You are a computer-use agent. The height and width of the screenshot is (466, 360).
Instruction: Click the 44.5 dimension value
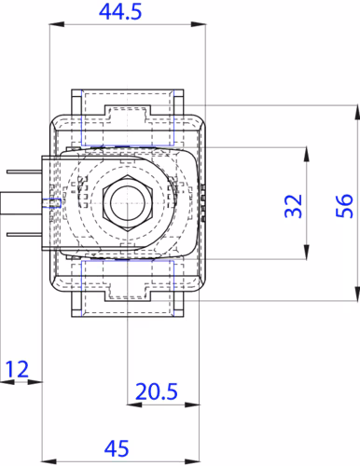(x=120, y=12)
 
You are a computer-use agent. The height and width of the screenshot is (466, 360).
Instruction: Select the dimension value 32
(x=294, y=206)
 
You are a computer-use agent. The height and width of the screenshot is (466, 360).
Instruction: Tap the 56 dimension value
(x=345, y=206)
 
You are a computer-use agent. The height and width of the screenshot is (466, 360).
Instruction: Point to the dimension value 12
(x=17, y=369)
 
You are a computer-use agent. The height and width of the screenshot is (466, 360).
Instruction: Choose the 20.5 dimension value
(x=157, y=391)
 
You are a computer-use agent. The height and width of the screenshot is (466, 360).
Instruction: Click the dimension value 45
(x=117, y=448)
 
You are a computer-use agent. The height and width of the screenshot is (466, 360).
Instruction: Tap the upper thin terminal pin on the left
(x=24, y=171)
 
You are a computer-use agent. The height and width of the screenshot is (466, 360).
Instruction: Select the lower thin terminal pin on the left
(x=24, y=235)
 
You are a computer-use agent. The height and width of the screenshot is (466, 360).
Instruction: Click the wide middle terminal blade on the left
(x=21, y=203)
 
